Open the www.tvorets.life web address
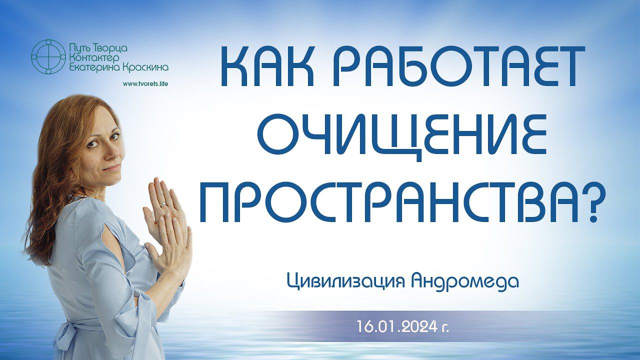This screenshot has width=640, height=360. coord(145,84)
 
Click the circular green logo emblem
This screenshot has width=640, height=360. coord(48,57)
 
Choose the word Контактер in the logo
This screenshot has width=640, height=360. coord(92,58)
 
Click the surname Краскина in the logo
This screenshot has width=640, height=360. coord(145,67)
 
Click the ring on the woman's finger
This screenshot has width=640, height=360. coord(162,204)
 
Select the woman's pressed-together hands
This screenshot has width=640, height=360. coord(167,225)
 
